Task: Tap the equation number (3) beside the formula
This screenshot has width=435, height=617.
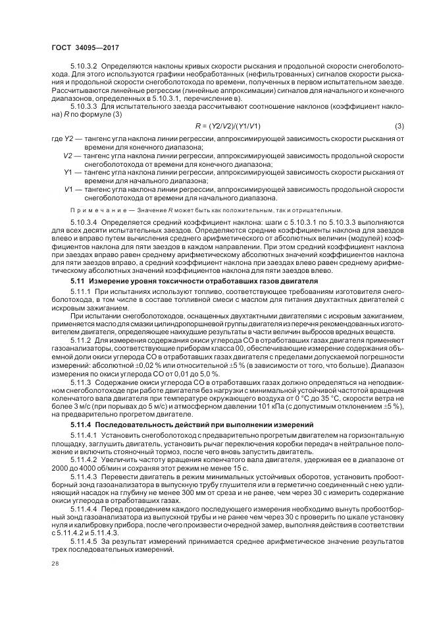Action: point(399,126)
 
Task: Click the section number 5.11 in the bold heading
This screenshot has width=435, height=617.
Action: point(77,281)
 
